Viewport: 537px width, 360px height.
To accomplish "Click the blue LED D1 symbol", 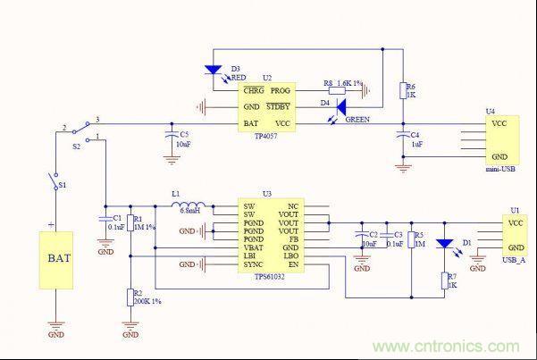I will point(445,243).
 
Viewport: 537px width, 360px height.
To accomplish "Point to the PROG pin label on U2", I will point(281,90).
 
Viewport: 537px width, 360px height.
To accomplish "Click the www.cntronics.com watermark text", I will point(454,347).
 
